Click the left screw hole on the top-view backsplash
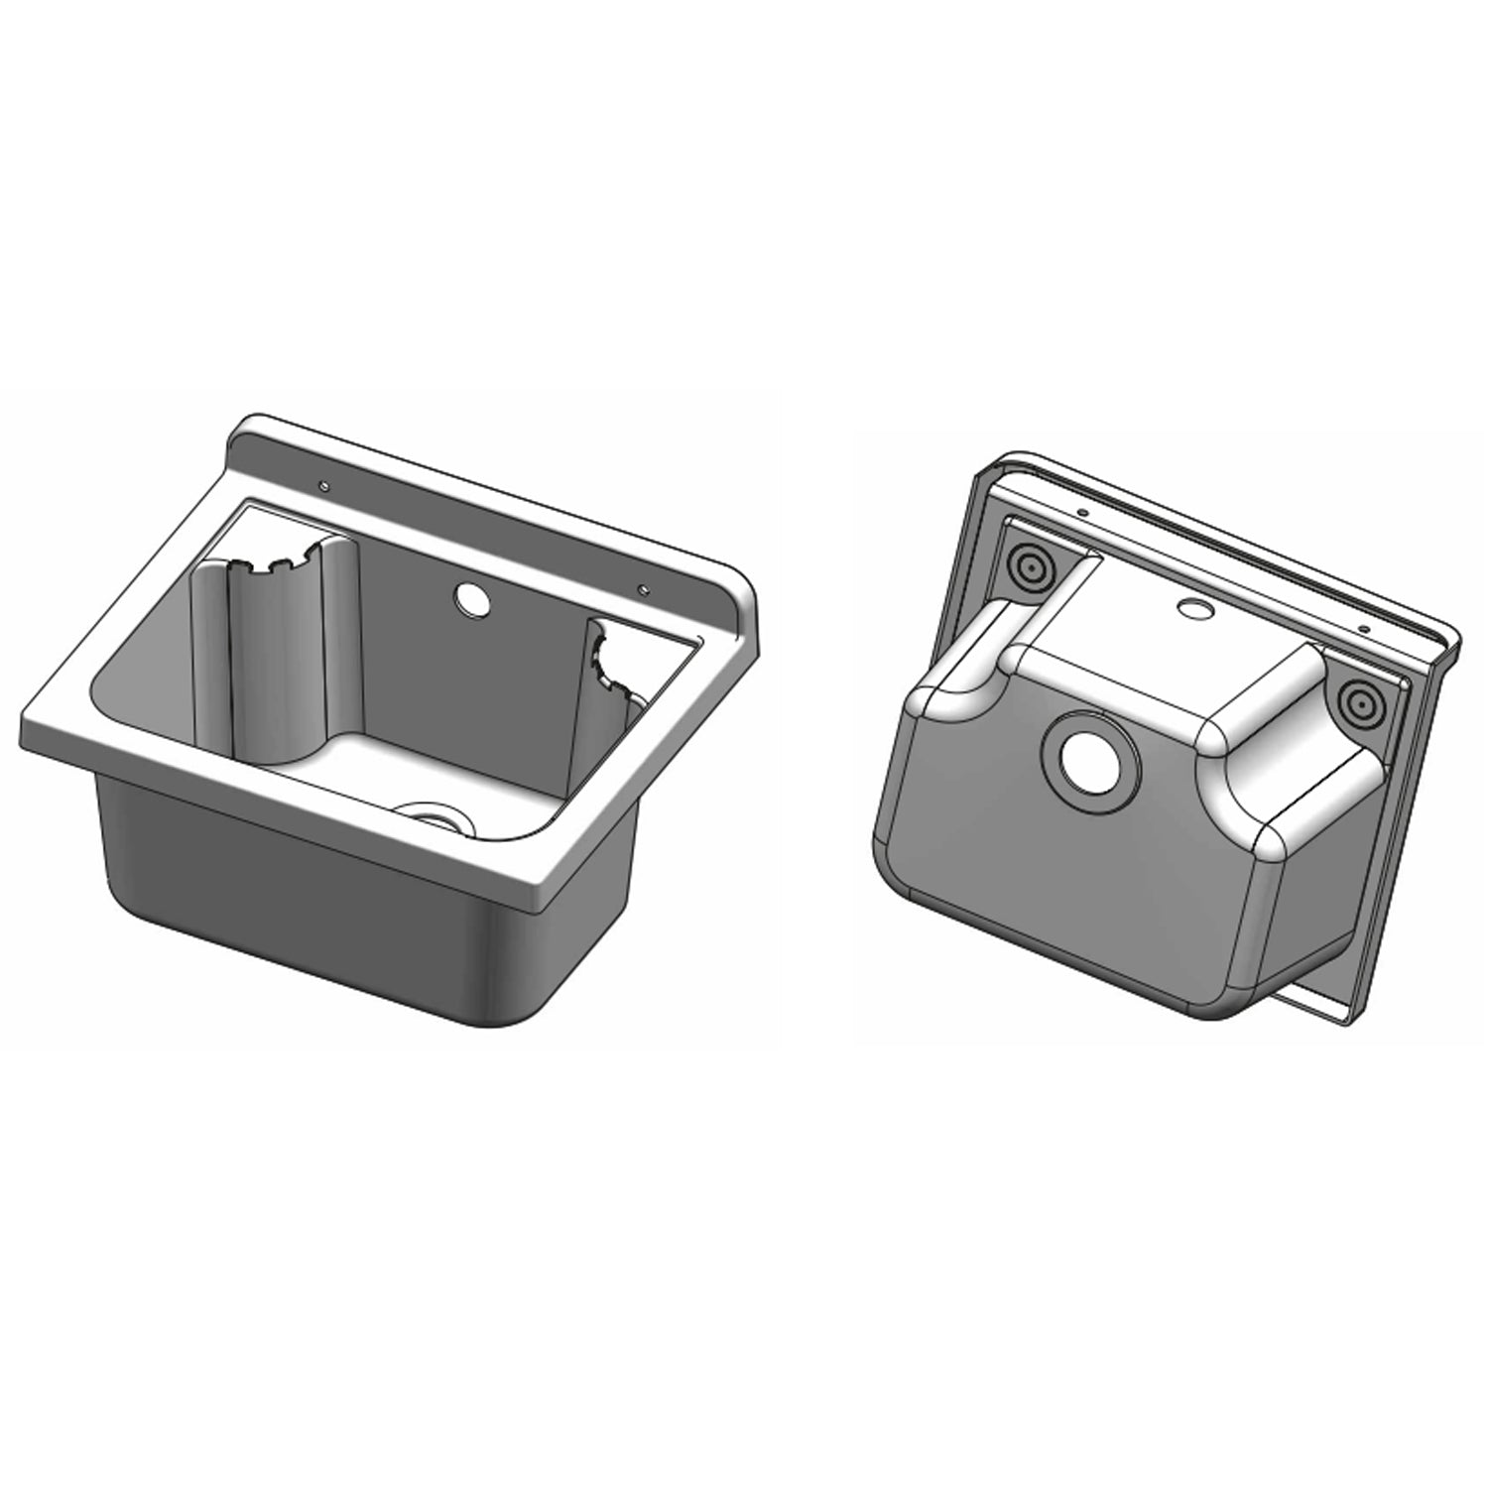[x=323, y=486]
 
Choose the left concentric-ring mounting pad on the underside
[x=1029, y=569]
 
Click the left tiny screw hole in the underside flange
[x=1084, y=513]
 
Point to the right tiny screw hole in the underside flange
[x=1363, y=630]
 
